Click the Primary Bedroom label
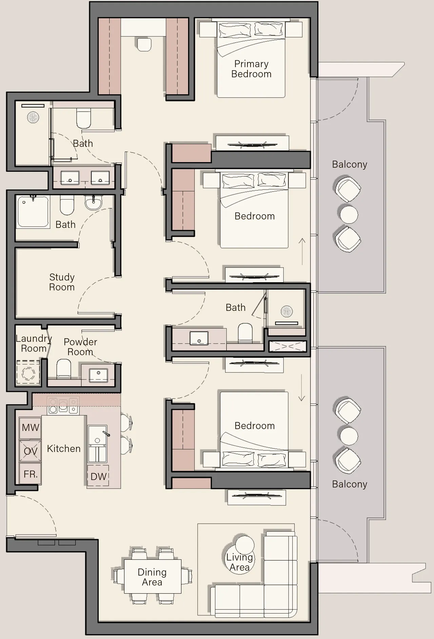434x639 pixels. point(251,69)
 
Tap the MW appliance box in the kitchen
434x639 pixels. point(30,428)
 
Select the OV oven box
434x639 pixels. point(30,451)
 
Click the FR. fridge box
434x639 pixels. point(30,474)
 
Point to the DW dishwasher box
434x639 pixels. point(98,476)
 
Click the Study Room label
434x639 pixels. point(62,282)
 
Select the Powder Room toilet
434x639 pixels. point(64,368)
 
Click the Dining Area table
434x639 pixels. point(153,576)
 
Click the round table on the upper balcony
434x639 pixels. point(349,215)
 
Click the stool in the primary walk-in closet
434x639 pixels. point(144,44)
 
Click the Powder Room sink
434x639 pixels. point(98,375)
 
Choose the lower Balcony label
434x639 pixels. point(349,484)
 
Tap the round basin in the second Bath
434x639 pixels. point(93,204)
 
